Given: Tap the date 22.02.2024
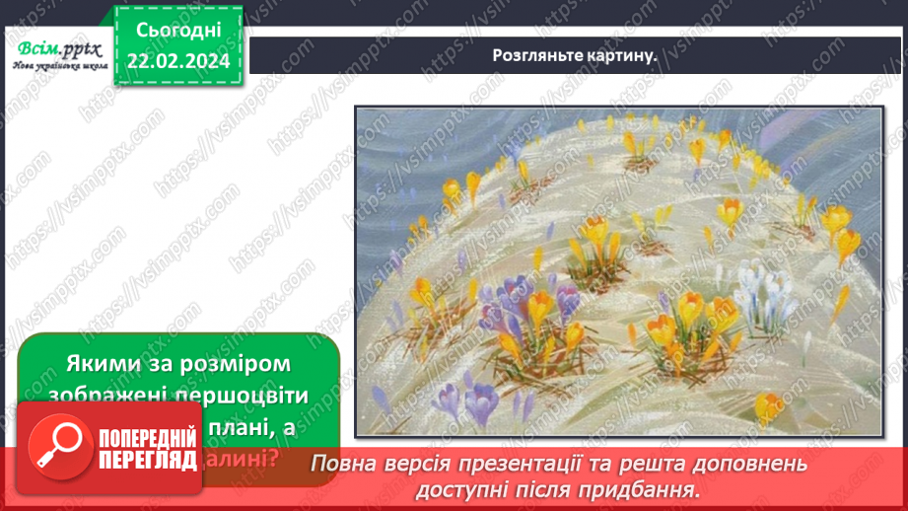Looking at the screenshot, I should (x=178, y=62).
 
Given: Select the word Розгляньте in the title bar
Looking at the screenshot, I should (x=533, y=55).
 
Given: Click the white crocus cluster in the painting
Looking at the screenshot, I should (x=765, y=291).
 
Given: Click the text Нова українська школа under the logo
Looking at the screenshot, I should (x=59, y=68).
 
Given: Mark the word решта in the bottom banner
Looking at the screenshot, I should (x=682, y=464).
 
